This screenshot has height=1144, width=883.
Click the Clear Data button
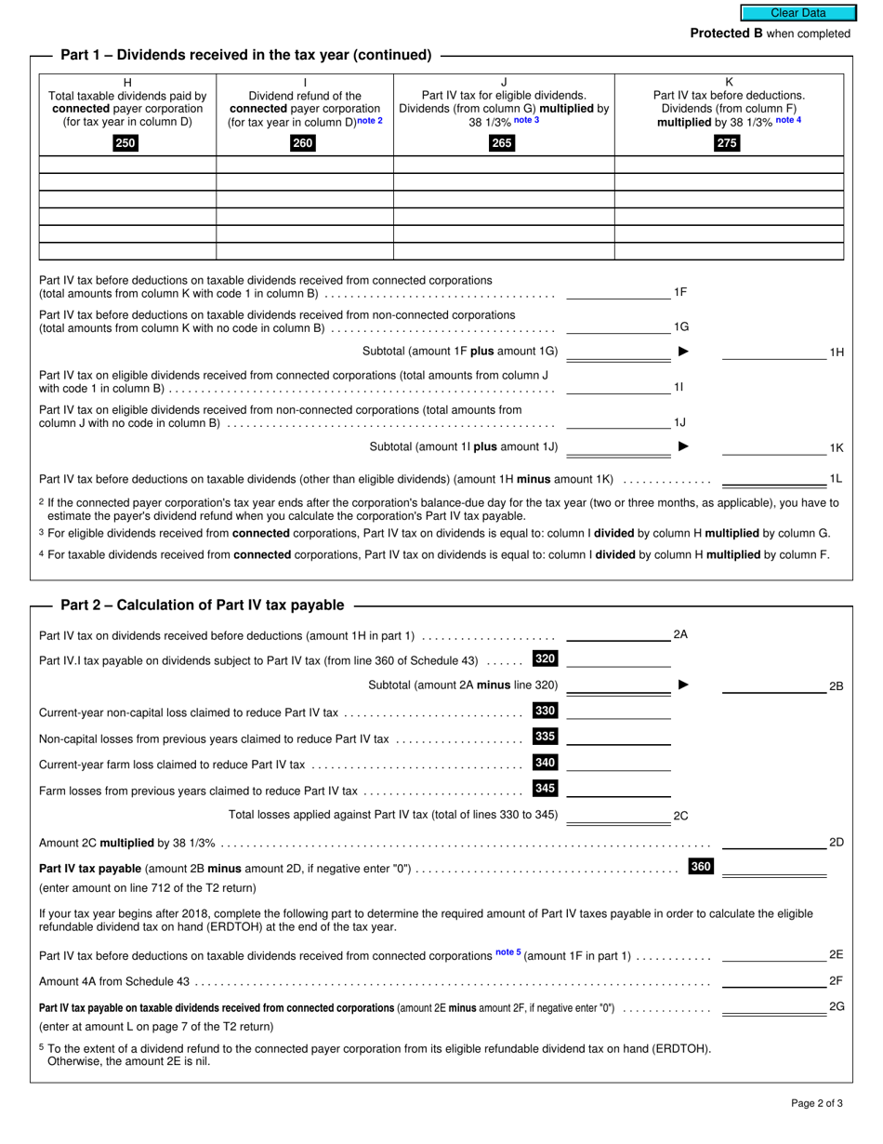(x=797, y=13)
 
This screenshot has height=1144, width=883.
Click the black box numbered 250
(x=125, y=143)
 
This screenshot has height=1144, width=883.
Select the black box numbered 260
(x=303, y=143)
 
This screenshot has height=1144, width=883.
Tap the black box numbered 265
(x=502, y=143)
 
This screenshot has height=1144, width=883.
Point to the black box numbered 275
(x=727, y=143)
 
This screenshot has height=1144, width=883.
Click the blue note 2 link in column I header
(x=371, y=121)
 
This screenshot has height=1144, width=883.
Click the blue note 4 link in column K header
(x=788, y=121)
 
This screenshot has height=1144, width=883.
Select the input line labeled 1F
(x=617, y=292)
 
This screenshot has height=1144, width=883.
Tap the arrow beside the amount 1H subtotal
(x=684, y=352)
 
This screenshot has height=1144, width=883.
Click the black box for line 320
(x=546, y=659)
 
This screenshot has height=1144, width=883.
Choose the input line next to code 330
(x=618, y=712)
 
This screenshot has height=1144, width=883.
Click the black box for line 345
(x=546, y=789)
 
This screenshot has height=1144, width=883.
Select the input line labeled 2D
(x=773, y=842)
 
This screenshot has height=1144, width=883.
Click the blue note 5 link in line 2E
(x=507, y=952)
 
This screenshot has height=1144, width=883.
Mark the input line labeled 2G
(x=773, y=1006)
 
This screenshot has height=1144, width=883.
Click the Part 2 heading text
(x=202, y=605)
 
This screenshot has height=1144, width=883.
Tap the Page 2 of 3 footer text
(x=817, y=1104)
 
